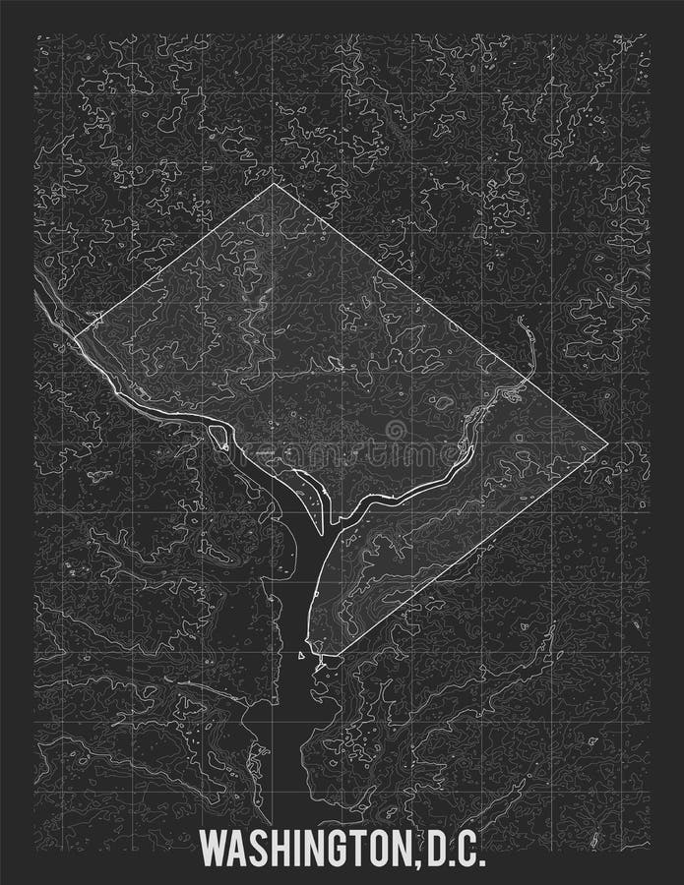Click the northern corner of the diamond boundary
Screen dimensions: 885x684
(x=273, y=184)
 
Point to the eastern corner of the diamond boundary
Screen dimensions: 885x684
(x=607, y=444)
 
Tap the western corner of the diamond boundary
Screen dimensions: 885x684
(x=74, y=338)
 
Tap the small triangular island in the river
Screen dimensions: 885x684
(x=301, y=654)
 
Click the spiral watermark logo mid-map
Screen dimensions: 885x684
(x=396, y=430)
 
